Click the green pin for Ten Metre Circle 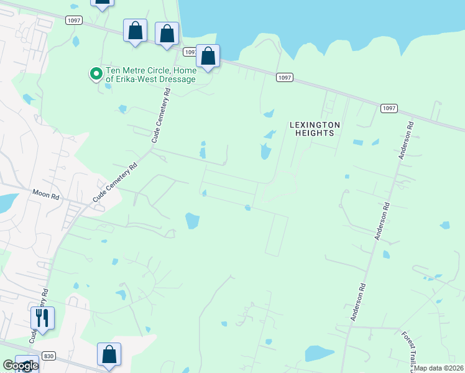click(x=96, y=74)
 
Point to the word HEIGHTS click(x=315, y=133)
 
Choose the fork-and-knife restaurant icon click(x=42, y=319)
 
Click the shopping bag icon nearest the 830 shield click(x=109, y=355)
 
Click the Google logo click(x=20, y=366)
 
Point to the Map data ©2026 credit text click(x=438, y=368)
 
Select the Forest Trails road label click(x=408, y=348)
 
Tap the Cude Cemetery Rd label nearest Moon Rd click(x=115, y=182)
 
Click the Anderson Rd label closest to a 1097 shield click(x=406, y=142)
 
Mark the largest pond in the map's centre click(x=192, y=220)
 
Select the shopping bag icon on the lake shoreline click(x=208, y=57)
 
